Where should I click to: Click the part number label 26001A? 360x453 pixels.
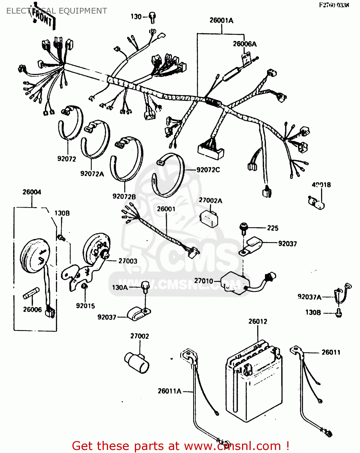tap(221, 21)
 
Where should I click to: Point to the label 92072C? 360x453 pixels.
tap(208, 170)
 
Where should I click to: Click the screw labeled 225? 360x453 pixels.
tap(244, 228)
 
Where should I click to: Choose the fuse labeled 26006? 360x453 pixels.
tap(31, 293)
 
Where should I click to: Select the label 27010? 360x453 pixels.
tap(203, 281)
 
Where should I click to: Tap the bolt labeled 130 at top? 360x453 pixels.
tap(153, 17)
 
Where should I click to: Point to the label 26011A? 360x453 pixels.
tap(169, 391)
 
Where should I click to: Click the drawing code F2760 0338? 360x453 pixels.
tap(334, 5)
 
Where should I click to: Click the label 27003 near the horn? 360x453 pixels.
tap(128, 261)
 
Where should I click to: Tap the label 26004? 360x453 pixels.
tap(32, 192)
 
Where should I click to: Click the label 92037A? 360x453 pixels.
tap(309, 297)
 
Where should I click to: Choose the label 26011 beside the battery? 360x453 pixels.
tap(331, 352)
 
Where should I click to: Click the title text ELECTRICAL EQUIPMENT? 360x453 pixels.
tap(56, 11)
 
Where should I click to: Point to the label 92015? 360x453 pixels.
tap(85, 306)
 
